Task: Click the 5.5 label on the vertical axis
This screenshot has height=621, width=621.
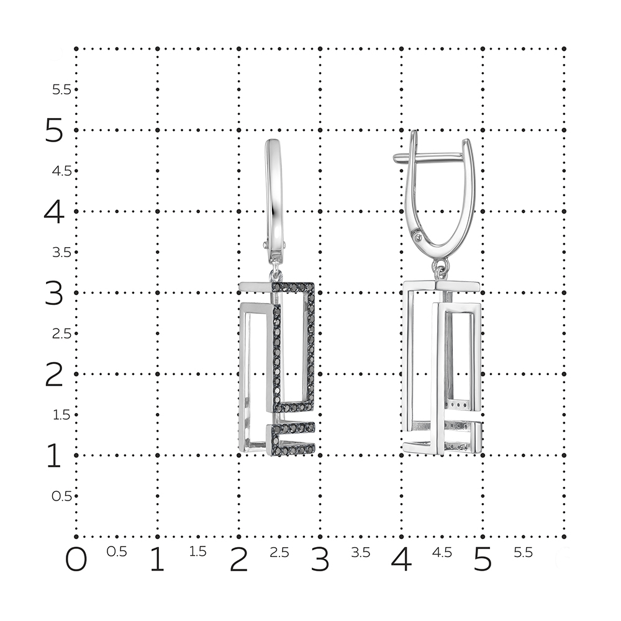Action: [x=61, y=90]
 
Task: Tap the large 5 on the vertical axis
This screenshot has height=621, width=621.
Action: [x=54, y=130]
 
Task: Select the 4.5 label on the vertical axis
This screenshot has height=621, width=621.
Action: [x=61, y=171]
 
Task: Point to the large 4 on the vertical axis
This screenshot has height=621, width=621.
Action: [x=54, y=212]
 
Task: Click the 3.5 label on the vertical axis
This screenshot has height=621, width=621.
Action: [x=61, y=253]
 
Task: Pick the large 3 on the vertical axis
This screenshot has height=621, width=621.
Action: [x=54, y=293]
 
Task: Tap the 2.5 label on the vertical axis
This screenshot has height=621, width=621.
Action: [x=61, y=334]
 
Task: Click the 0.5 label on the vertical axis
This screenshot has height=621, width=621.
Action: [x=61, y=496]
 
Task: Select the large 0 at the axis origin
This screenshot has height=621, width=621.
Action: [x=76, y=560]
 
